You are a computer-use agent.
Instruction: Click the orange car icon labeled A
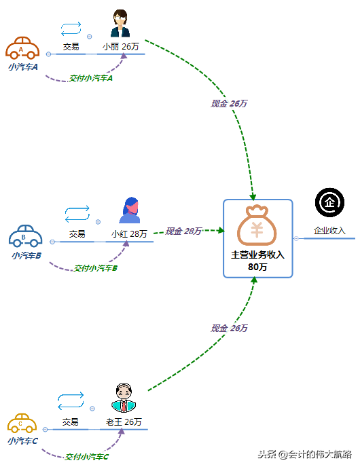point(22,48)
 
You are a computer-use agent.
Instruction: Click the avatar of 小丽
point(120,25)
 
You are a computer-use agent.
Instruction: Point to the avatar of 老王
point(124,398)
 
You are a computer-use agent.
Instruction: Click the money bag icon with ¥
point(257,225)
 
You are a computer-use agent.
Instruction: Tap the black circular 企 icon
point(329,202)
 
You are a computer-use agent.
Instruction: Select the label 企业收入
point(329,231)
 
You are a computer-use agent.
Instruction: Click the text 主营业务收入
point(257,255)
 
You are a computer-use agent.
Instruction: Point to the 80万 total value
point(257,267)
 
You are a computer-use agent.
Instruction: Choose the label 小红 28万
point(129,233)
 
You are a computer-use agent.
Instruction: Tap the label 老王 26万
point(124,422)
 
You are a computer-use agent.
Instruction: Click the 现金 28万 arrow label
point(183,231)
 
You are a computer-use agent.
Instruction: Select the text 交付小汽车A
point(90,78)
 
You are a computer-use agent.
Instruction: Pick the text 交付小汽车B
point(96,268)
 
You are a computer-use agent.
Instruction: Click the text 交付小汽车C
point(86,457)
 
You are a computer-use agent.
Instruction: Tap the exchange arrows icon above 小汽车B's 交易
point(77,214)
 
